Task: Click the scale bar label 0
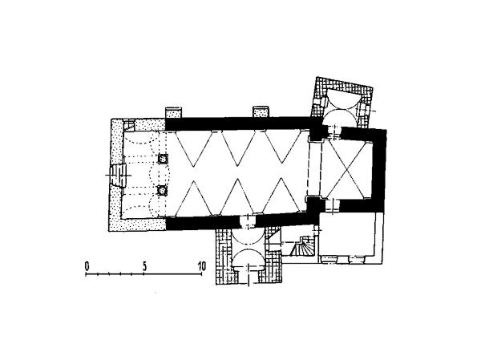(x=87, y=265)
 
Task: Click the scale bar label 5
(x=144, y=266)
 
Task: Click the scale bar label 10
(x=201, y=265)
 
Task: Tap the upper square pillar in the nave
(x=162, y=159)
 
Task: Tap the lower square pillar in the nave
(x=162, y=190)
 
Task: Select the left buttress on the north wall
(x=174, y=112)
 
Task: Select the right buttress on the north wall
(x=261, y=111)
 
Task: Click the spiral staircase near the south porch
(x=301, y=245)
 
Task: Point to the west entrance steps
(x=119, y=176)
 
